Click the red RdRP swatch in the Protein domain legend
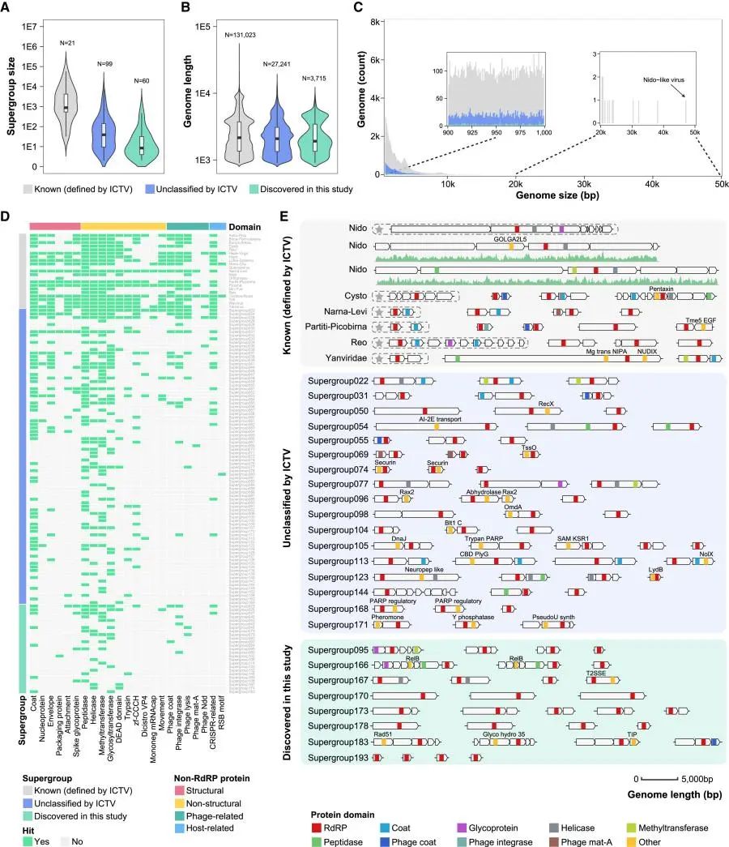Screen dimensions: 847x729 click(317, 828)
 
